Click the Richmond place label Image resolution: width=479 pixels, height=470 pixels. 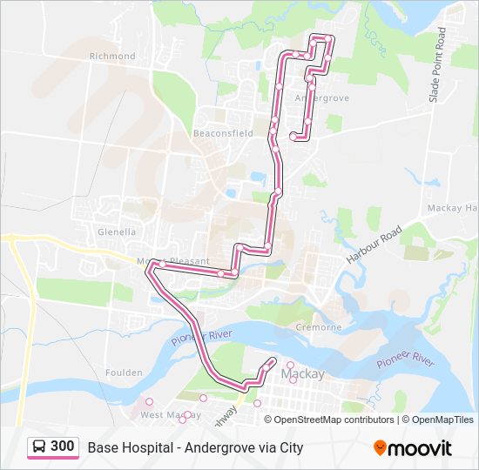coord(112,56)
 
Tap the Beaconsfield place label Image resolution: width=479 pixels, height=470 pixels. coord(224,133)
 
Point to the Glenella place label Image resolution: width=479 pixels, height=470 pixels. coord(117,232)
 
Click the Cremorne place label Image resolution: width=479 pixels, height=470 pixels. coord(319,327)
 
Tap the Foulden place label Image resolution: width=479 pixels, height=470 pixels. coord(124,373)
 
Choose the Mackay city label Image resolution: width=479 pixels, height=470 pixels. coord(304,374)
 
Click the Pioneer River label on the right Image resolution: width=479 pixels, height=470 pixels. coord(405,359)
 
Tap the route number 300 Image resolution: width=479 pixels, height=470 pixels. coord(62,446)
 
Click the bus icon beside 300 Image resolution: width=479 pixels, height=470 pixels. coord(40,447)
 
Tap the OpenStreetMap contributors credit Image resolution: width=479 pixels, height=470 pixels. coord(334,420)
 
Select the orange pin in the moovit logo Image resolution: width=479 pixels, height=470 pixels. coord(380,448)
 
